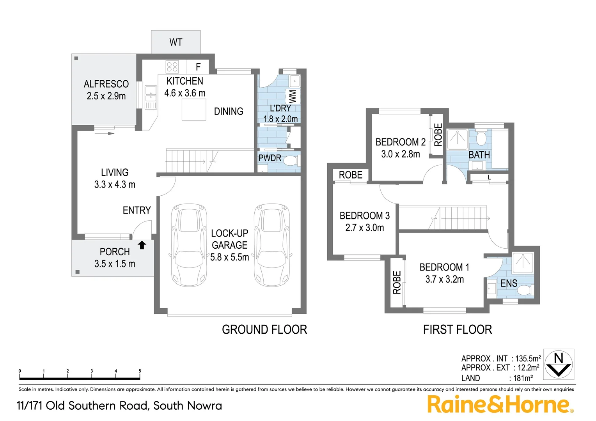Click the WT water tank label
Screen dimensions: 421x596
[x=176, y=42]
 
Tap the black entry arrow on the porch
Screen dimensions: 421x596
[x=142, y=245]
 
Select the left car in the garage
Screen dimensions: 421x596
[x=189, y=245]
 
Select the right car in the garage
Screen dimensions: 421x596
[x=272, y=245]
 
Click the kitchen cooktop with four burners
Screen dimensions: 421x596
[x=172, y=67]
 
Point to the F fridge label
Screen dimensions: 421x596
[x=198, y=67]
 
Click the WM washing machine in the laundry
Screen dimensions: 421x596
[x=293, y=96]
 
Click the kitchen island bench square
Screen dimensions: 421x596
[x=194, y=110]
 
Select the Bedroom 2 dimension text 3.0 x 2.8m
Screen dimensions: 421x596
[x=401, y=154]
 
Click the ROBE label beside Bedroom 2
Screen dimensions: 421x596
[x=438, y=134]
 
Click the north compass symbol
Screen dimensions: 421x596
[x=559, y=364]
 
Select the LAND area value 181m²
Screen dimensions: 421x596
[x=523, y=378]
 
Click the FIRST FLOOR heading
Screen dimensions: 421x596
[x=457, y=330]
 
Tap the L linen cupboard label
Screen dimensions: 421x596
[x=489, y=178]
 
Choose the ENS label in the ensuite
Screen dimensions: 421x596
[x=509, y=283]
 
